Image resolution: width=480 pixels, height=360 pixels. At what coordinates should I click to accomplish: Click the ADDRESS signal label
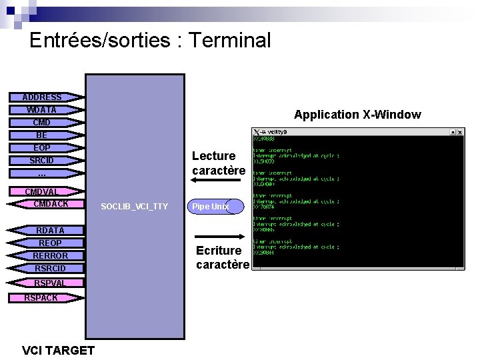coord(42,97)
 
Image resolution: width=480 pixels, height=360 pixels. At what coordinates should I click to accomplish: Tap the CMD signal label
coord(42,123)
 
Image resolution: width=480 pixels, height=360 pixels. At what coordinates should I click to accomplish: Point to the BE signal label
coord(42,135)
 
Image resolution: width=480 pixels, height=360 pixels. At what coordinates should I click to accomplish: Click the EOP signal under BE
coord(42,148)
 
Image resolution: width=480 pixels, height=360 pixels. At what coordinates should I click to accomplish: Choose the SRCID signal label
coord(42,161)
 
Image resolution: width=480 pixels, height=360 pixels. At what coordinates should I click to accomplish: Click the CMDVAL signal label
coord(42,192)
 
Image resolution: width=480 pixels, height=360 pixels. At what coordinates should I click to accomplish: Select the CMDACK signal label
coord(51,204)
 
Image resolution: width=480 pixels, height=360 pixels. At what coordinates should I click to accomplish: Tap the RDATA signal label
coord(50,231)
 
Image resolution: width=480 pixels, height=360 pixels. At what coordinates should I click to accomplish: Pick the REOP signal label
coord(50,243)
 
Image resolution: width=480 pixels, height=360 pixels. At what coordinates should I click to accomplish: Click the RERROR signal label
coord(51,256)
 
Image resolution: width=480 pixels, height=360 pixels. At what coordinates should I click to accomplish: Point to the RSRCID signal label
coord(51,269)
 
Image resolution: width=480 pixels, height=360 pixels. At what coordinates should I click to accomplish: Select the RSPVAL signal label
coord(50,283)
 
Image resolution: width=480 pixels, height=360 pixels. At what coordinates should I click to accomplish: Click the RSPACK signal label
coord(41,298)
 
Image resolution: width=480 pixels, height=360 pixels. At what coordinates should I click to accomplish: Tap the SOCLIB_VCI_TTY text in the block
coord(134,207)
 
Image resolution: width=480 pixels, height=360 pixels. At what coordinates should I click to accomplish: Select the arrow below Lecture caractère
coord(220,184)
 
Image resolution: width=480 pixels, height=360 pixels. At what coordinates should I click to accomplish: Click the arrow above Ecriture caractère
coord(220,237)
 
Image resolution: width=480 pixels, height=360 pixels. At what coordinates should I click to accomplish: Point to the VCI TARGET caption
coord(58,350)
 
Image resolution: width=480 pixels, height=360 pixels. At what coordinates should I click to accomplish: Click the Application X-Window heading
coord(357,115)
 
